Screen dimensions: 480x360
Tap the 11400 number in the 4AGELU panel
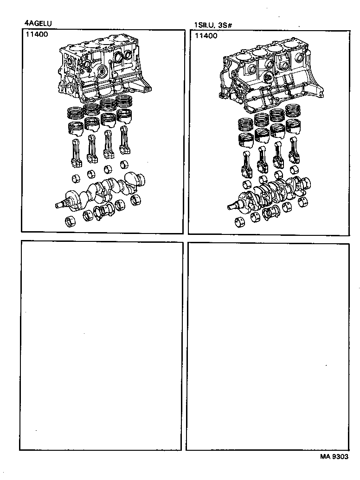click(36, 34)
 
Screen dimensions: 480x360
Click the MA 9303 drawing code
click(334, 456)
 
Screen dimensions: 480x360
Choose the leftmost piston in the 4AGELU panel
click(75, 127)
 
